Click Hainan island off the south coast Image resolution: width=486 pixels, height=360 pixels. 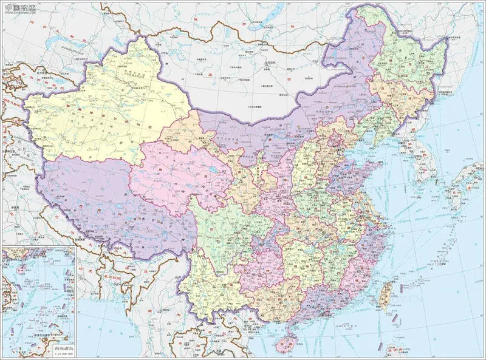click(283, 344)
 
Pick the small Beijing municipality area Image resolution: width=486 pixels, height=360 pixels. click(333, 144)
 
